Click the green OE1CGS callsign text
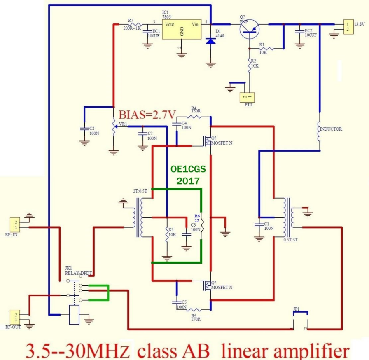tap(188, 169)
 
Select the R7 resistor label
tap(131, 20)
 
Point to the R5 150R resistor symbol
tap(195, 310)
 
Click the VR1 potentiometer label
tap(123, 124)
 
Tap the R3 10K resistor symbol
tap(166, 236)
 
